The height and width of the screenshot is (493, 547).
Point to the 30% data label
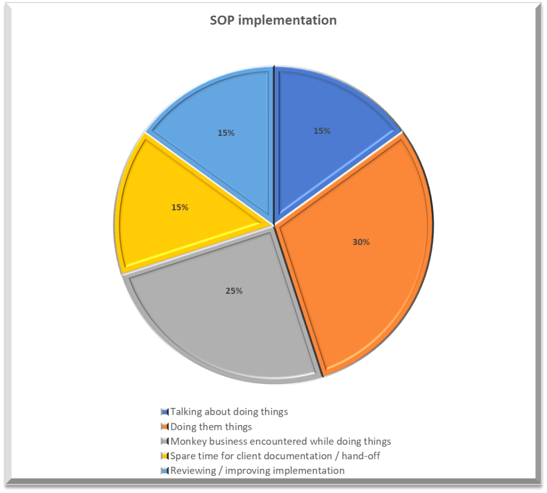click(361, 242)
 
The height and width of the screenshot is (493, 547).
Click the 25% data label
click(234, 291)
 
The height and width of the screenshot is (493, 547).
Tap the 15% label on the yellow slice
click(180, 207)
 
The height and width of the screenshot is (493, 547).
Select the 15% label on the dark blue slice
click(322, 131)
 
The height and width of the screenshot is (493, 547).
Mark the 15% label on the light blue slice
click(226, 133)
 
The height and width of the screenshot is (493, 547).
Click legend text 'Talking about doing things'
click(229, 412)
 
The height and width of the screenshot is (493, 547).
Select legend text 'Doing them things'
click(211, 427)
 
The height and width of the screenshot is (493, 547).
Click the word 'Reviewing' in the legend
click(192, 471)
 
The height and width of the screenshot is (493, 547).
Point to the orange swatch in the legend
click(165, 427)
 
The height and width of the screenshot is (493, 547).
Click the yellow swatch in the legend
click(165, 457)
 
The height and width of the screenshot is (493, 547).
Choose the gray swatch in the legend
click(165, 442)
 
